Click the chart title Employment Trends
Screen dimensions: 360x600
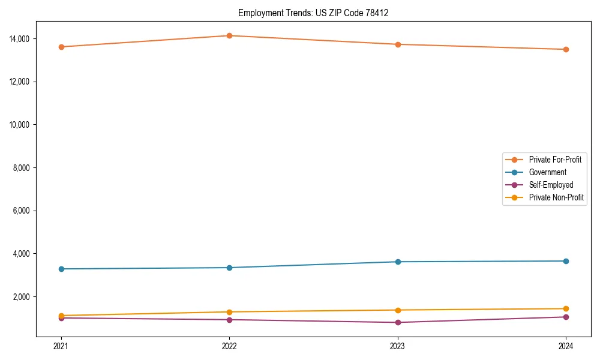click(313, 13)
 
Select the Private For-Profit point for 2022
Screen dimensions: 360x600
click(229, 35)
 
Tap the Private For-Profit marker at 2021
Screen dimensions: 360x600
click(61, 47)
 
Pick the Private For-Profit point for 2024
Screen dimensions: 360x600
click(566, 49)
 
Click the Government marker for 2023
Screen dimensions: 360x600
click(398, 262)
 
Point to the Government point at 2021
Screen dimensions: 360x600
click(61, 269)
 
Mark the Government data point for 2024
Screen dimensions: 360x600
click(566, 261)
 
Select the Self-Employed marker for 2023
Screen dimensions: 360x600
click(398, 322)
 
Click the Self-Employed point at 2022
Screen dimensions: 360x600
click(229, 320)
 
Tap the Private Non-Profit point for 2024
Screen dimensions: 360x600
click(566, 308)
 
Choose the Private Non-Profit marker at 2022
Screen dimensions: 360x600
click(229, 312)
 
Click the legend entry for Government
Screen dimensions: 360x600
click(547, 172)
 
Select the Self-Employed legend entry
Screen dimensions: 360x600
click(551, 185)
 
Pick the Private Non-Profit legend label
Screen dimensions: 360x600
click(556, 197)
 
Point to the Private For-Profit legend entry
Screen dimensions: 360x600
click(555, 160)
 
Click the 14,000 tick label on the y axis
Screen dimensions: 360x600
click(23, 39)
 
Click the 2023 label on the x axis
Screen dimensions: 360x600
click(398, 346)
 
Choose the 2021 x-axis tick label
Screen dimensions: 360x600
click(61, 346)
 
